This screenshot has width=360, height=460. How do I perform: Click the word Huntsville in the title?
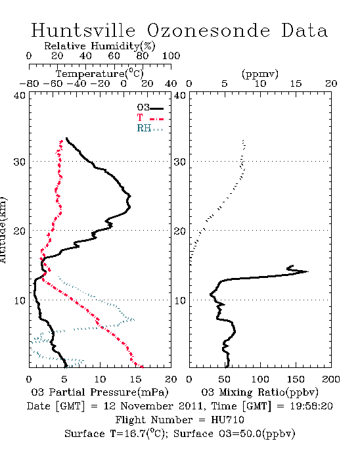pos(83,30)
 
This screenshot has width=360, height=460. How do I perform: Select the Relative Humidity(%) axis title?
pos(100,47)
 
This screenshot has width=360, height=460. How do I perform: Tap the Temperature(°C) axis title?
pos(100,74)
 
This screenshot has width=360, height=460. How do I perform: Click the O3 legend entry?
pos(150,108)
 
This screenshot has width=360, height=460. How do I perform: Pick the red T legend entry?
pos(150,118)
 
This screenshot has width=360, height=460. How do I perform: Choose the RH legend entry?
pos(150,128)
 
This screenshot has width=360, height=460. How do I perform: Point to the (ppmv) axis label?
pos(259,74)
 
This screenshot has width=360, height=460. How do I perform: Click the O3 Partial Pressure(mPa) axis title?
pos(100,392)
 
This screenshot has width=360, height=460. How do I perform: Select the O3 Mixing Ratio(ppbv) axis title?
pos(259,392)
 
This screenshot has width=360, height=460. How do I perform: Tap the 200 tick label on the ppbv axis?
pos(331,379)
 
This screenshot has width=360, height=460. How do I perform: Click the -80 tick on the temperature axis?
pos(29,84)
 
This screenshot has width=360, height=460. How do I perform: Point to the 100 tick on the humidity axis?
pos(171,56)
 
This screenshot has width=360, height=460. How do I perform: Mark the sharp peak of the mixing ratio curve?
pos(308,271)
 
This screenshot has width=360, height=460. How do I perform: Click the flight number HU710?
pos(227,420)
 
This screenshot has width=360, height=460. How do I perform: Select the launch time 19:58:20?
pos(311,406)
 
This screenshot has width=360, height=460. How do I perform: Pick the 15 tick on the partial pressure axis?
pos(135,379)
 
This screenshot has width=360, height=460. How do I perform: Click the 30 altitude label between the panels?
pos(180,162)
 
